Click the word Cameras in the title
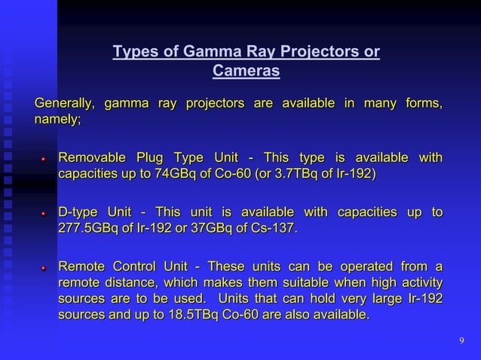[x=246, y=71]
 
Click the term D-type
[x=79, y=211]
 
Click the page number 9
[x=461, y=342]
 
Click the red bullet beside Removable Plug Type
[x=44, y=159]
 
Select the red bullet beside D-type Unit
[x=44, y=212]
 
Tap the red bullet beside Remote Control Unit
[x=44, y=268]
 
